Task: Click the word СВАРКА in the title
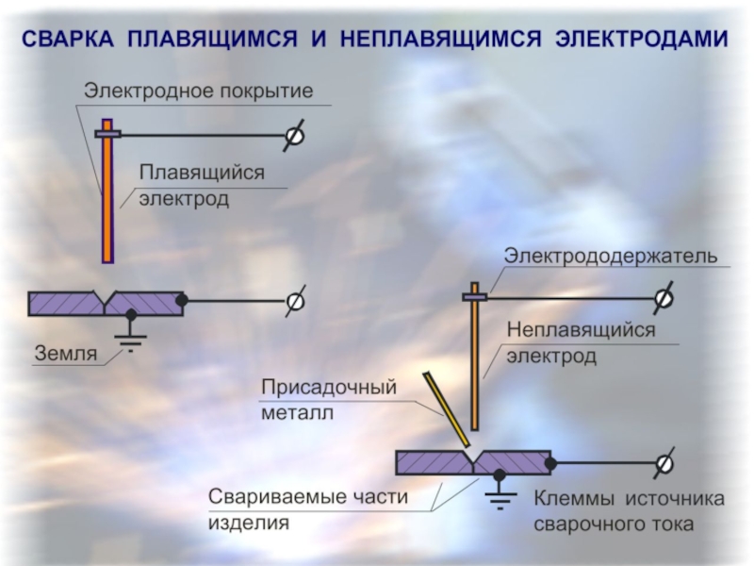pos(68,39)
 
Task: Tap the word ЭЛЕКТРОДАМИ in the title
pos(642,39)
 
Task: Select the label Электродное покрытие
pos(199,91)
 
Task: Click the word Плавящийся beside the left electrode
pos(202,173)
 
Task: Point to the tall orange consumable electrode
pos(107,191)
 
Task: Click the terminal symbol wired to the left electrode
pos(294,135)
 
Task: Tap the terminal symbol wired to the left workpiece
pos(295,301)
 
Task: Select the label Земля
pos(66,354)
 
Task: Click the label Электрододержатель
pos(611,256)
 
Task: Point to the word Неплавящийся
pos(581,330)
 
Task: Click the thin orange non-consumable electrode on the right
pos(475,357)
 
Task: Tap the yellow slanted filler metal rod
pos(446,409)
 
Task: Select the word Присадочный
pos(329,387)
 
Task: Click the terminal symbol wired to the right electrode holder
pos(664,298)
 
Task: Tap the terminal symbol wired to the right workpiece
pos(664,463)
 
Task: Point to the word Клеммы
pos(574,499)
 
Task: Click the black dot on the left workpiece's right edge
pos(182,300)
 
